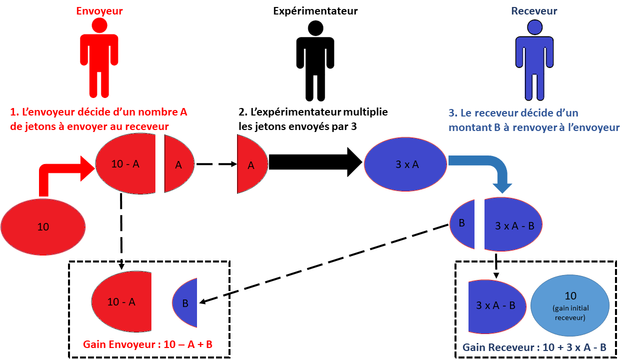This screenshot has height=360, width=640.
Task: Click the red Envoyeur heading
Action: (99, 10)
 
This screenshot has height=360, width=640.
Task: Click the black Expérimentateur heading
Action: (315, 10)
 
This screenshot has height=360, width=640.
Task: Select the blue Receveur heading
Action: (534, 10)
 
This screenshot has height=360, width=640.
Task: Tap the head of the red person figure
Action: (99, 26)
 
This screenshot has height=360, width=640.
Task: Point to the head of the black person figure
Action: (315, 27)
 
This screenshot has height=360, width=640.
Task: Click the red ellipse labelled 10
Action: (43, 226)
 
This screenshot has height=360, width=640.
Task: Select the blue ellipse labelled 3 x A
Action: (405, 163)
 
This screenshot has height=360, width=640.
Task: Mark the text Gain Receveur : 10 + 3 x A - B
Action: (535, 347)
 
